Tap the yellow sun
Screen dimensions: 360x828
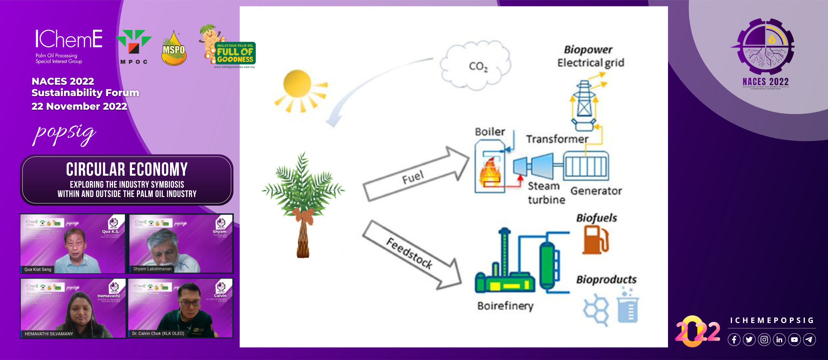pyautogui.click(x=297, y=84)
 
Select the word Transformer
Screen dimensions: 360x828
pyautogui.click(x=557, y=139)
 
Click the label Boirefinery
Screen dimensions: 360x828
pyautogui.click(x=505, y=306)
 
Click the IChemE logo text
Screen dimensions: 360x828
pyautogui.click(x=69, y=39)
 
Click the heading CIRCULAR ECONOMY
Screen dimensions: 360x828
pyautogui.click(x=127, y=169)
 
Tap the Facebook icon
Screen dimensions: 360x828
pyautogui.click(x=734, y=340)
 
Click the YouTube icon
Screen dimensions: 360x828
pyautogui.click(x=794, y=340)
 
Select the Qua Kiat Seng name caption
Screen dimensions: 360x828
pyautogui.click(x=38, y=269)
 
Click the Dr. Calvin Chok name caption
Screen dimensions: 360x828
pyautogui.click(x=158, y=333)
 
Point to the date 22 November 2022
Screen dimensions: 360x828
pyautogui.click(x=79, y=106)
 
